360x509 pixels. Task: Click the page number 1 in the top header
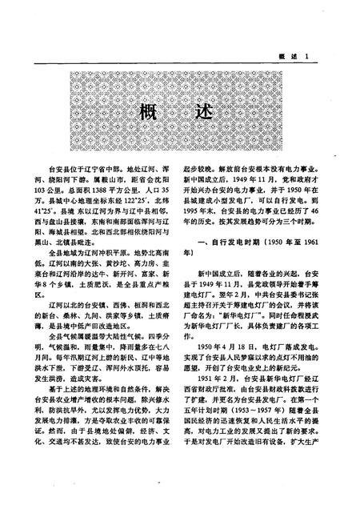coord(318,76)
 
